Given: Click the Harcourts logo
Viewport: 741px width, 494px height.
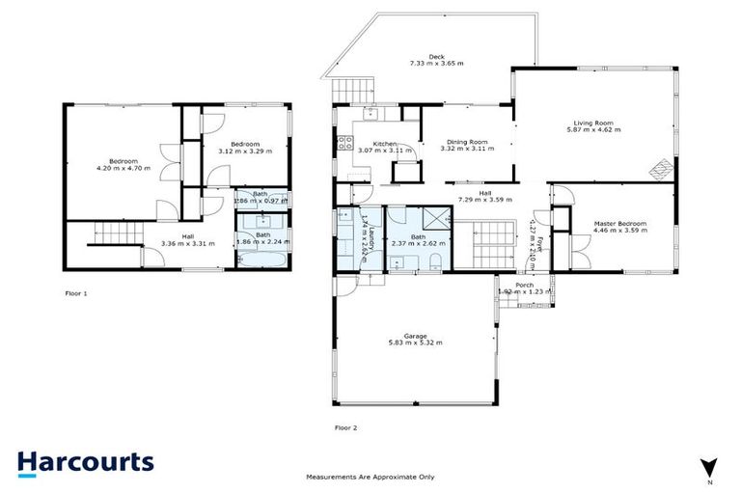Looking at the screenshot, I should [x=86, y=461].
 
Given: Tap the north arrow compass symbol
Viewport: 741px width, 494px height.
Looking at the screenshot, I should [x=710, y=466].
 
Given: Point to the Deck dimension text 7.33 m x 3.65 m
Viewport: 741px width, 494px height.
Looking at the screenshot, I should [x=435, y=63].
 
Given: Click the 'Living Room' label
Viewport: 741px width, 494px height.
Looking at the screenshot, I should [x=593, y=123].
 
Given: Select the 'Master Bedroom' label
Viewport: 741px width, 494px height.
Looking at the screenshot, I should [x=619, y=224].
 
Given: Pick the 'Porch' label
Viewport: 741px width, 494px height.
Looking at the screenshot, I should [x=524, y=285].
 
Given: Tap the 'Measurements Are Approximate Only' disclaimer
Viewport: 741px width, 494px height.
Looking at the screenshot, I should [x=370, y=477].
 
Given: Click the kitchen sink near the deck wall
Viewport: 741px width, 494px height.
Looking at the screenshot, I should [x=370, y=114].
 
